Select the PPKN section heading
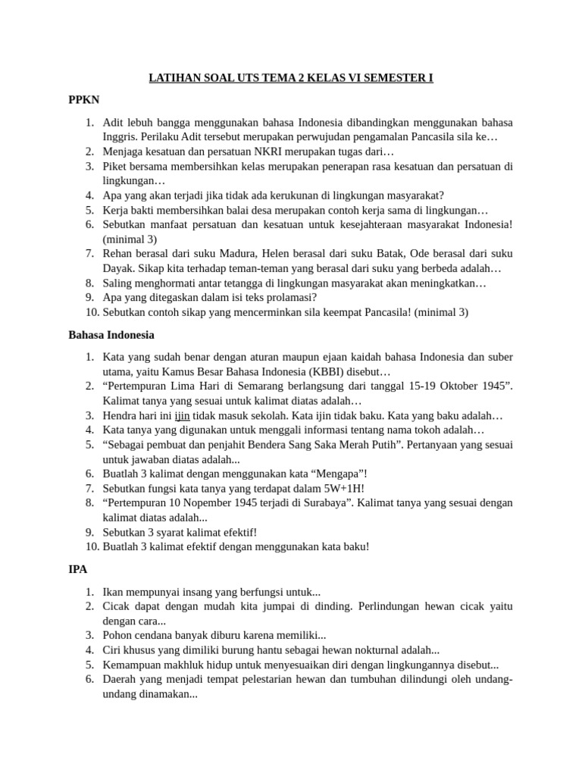(84, 99)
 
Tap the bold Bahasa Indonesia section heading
(111, 334)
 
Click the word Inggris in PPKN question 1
(120, 137)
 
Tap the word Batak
(371, 254)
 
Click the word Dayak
(118, 268)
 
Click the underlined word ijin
(183, 416)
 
